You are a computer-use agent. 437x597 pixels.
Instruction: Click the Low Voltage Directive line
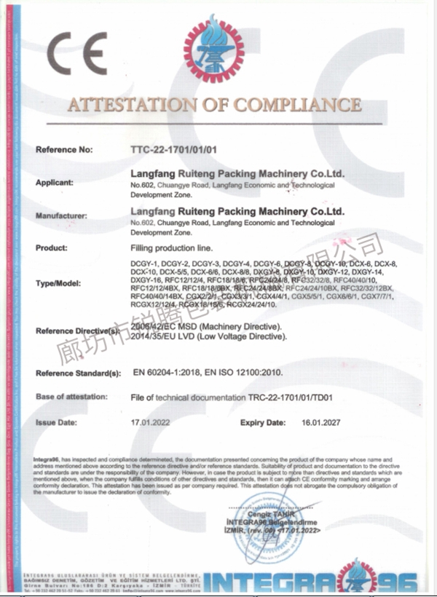[209, 337]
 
